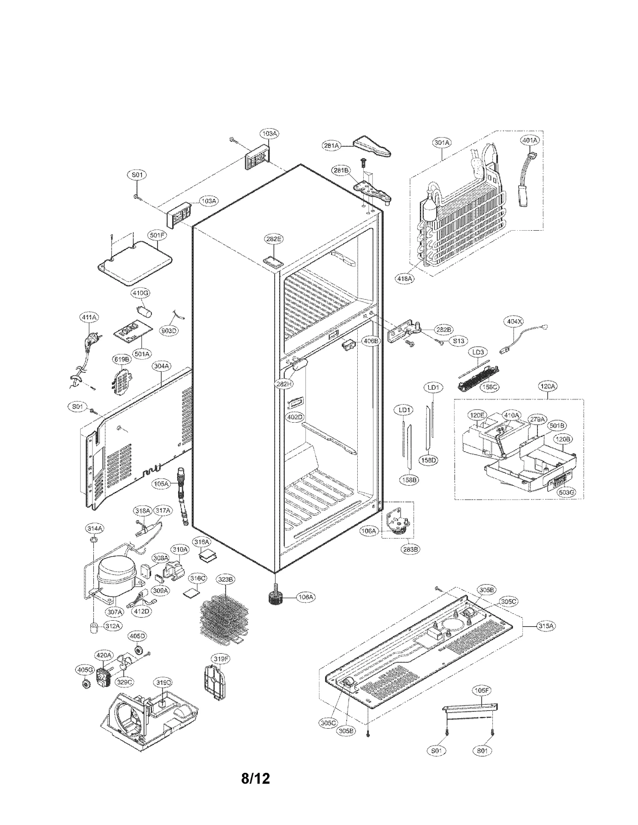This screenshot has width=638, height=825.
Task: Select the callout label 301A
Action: (x=441, y=142)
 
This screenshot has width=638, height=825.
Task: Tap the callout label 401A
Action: (x=530, y=140)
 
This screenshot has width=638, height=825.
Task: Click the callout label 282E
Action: (x=274, y=239)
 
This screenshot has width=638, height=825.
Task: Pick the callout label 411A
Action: (x=89, y=317)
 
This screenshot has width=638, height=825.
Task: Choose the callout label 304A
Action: (x=161, y=365)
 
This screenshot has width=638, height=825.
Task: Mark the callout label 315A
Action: (x=546, y=626)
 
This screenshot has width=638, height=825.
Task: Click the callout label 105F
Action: (x=482, y=690)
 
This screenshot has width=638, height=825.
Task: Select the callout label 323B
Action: (x=225, y=579)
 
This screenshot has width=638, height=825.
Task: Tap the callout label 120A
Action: (x=547, y=386)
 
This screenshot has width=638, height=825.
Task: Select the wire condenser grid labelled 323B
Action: (x=225, y=619)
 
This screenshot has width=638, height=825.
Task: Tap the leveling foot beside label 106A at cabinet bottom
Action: (x=275, y=598)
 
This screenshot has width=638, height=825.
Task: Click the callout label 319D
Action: (x=163, y=683)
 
